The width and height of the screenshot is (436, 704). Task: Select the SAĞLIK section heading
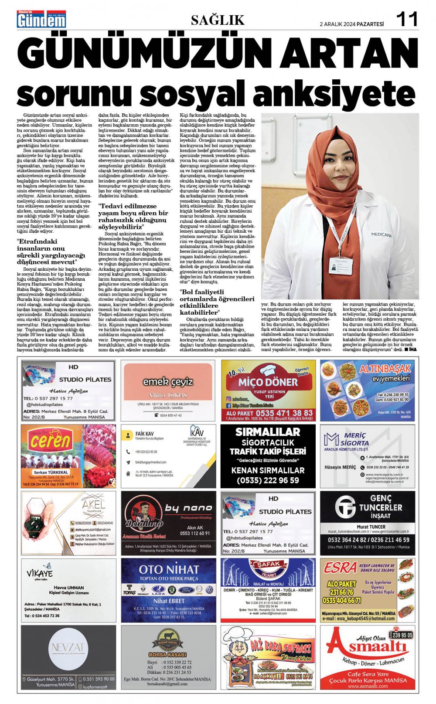(218, 20)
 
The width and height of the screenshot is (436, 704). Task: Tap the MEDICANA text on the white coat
(381, 235)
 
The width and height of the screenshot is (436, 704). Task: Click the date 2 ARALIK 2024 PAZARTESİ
(352, 24)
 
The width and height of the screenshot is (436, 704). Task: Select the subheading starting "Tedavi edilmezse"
(133, 217)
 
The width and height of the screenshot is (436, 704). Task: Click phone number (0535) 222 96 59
(268, 480)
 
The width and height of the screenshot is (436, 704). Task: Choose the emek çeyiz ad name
(168, 382)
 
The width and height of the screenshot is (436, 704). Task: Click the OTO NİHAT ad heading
(169, 569)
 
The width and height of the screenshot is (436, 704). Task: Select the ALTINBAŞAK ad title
(385, 369)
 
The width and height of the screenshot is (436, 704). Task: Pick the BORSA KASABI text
(168, 655)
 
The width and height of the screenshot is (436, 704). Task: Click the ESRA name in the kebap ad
(340, 568)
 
